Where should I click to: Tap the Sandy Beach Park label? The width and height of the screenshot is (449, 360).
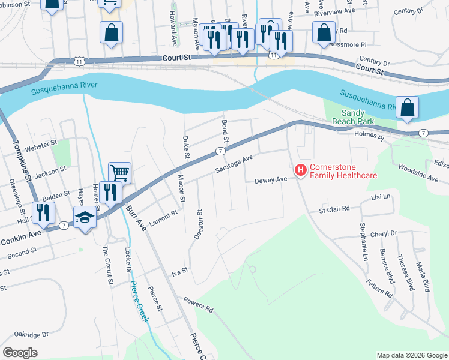[x=358, y=116]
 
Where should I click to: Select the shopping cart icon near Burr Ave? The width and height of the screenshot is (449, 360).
[x=119, y=173]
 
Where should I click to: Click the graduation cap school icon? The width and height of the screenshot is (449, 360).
[x=85, y=217]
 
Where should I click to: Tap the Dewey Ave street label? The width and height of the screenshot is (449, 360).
[x=271, y=180]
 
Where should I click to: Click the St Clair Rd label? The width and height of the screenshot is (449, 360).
[x=334, y=209]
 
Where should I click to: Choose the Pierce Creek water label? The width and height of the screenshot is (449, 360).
[x=140, y=301]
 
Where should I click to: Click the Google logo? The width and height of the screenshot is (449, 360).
[x=20, y=352]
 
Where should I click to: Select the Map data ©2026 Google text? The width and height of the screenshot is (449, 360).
[x=411, y=355]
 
